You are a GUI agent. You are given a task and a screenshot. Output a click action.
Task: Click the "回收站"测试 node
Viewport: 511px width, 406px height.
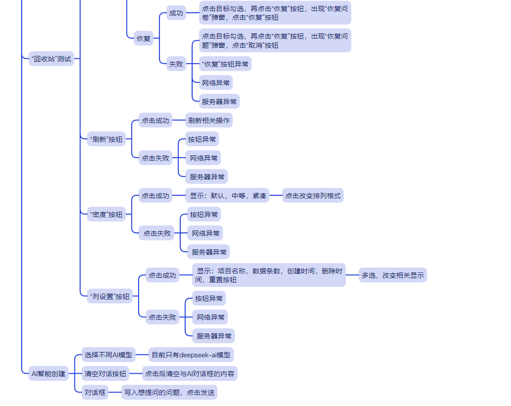(x=51, y=59)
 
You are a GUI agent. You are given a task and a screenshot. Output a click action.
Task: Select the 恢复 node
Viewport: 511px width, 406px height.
(x=143, y=39)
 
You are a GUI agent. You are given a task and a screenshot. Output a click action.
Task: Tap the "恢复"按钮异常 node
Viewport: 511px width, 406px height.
(x=225, y=64)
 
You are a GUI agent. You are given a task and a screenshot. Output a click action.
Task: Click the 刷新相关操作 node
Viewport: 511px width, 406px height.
(x=209, y=121)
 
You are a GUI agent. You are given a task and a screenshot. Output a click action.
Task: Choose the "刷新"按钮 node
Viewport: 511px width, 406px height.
(x=106, y=140)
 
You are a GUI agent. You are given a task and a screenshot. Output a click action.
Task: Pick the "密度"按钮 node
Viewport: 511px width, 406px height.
(x=106, y=215)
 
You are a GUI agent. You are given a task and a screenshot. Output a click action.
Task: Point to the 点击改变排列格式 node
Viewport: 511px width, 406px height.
(x=312, y=196)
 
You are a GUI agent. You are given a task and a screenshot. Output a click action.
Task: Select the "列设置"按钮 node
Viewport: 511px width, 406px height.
(x=110, y=297)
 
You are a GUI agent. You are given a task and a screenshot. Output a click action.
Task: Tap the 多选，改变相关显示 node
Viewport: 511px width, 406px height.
(x=393, y=275)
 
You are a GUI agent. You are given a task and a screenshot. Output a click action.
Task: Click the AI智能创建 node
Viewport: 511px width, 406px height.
(x=48, y=373)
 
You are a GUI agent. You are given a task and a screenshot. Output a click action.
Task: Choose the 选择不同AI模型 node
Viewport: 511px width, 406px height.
(x=108, y=355)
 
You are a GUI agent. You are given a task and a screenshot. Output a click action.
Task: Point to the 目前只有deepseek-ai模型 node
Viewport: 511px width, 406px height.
(x=191, y=355)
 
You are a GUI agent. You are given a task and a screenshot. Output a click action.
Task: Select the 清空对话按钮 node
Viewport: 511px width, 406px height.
(x=105, y=373)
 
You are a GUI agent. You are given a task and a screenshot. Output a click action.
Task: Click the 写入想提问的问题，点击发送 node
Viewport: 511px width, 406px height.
(x=169, y=392)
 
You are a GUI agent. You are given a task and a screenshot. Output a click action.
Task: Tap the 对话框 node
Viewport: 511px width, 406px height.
(x=95, y=392)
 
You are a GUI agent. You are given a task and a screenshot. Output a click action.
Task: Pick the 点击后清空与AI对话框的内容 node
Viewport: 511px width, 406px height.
(x=189, y=373)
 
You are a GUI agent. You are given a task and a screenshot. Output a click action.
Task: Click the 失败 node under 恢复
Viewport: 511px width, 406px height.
(x=176, y=64)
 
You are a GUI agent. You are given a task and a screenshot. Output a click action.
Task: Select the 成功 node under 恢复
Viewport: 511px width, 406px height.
(x=176, y=13)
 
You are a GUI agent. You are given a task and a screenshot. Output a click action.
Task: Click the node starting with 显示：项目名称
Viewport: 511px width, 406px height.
(x=269, y=275)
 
